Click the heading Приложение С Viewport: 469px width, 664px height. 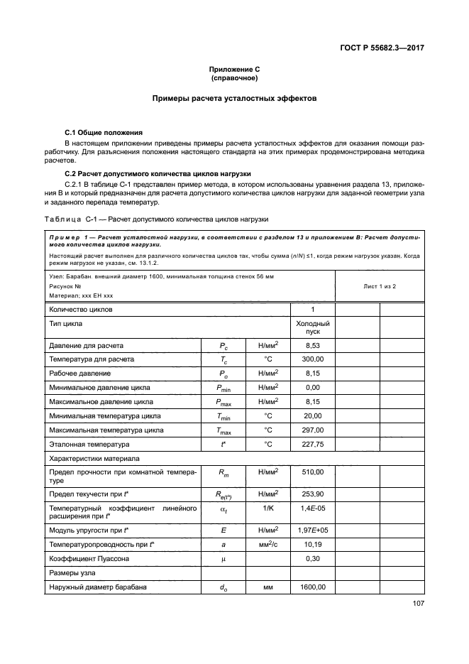[235, 69]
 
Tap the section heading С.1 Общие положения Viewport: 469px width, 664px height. [103, 133]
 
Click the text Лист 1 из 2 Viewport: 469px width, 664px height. [379, 285]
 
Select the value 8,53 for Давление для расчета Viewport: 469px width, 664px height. [313, 345]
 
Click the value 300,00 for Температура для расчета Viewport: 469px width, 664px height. [313, 359]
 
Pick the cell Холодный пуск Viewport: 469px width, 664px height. [313, 327]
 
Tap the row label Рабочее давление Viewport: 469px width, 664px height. [79, 374]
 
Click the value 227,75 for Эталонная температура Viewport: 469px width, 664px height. [313, 445]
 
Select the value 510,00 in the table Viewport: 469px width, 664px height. [313, 472]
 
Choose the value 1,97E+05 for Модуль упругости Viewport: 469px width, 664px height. [313, 530]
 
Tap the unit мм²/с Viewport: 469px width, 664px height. [267, 545]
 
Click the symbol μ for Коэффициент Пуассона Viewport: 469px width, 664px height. [223, 559]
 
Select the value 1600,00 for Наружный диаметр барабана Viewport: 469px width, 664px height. [313, 587]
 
